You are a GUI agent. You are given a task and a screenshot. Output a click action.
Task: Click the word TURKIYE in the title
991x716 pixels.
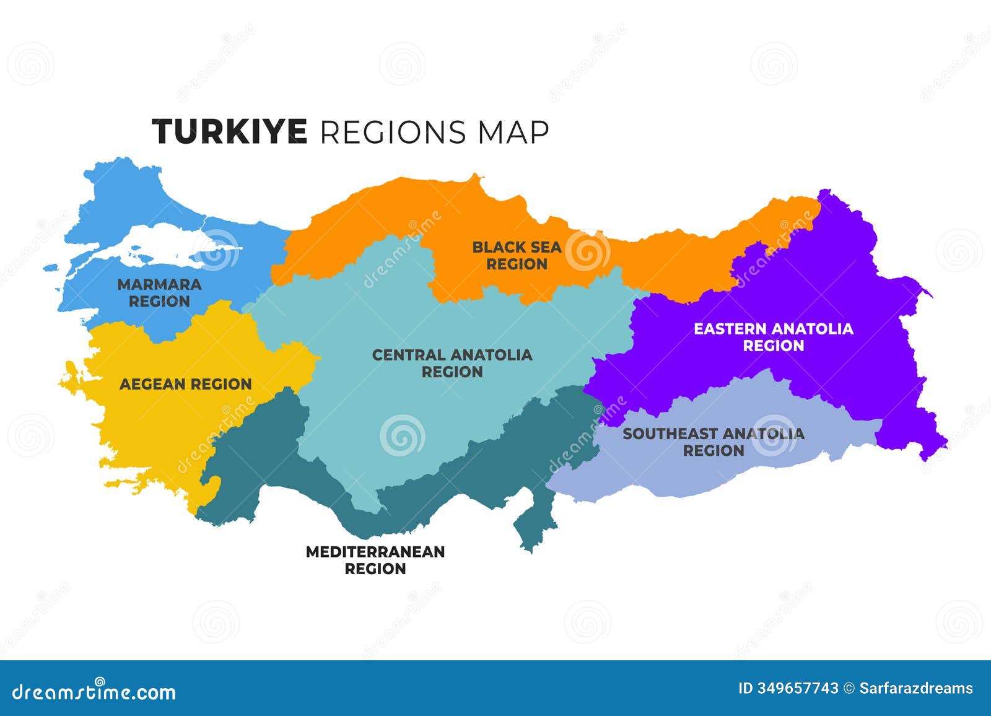(229, 132)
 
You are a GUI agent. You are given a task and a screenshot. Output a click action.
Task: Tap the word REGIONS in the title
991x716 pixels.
(393, 132)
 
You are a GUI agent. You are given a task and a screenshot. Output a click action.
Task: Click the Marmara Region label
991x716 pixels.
(159, 293)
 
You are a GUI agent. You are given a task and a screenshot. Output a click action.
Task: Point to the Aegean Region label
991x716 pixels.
(185, 384)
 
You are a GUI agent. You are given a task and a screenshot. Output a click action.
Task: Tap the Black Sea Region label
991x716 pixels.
(517, 255)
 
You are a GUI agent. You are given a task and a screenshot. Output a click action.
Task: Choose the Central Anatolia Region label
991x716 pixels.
(452, 363)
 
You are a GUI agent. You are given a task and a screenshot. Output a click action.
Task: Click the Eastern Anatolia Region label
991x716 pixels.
(773, 337)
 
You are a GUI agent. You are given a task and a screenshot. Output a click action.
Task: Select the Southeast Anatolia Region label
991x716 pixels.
(713, 442)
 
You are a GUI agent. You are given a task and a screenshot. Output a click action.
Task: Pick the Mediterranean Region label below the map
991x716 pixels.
(375, 560)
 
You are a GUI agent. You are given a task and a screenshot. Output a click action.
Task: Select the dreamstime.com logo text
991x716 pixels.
(94, 691)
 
